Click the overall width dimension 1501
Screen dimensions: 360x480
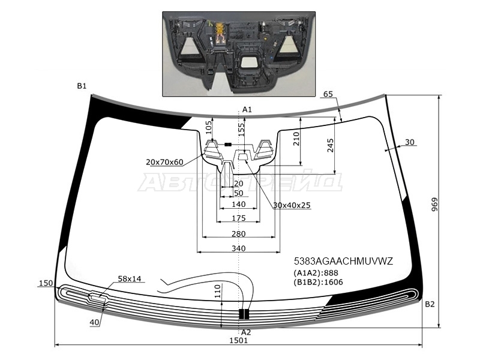(x=238, y=340)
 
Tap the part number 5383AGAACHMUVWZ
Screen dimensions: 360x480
(x=343, y=261)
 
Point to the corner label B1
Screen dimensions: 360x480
(x=82, y=86)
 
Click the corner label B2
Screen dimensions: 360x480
(x=430, y=304)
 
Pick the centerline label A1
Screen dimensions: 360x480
(x=246, y=109)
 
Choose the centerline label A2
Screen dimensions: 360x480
(x=246, y=332)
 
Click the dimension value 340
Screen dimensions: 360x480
(x=238, y=248)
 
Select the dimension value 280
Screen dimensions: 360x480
(x=238, y=233)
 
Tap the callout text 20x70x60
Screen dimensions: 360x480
(x=164, y=162)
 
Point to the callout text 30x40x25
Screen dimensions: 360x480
(x=292, y=205)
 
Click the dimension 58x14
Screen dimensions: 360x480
(x=129, y=278)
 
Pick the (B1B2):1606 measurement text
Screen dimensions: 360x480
(x=318, y=283)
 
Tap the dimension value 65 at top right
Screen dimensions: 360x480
(x=328, y=94)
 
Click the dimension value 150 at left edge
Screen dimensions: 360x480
(x=46, y=283)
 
